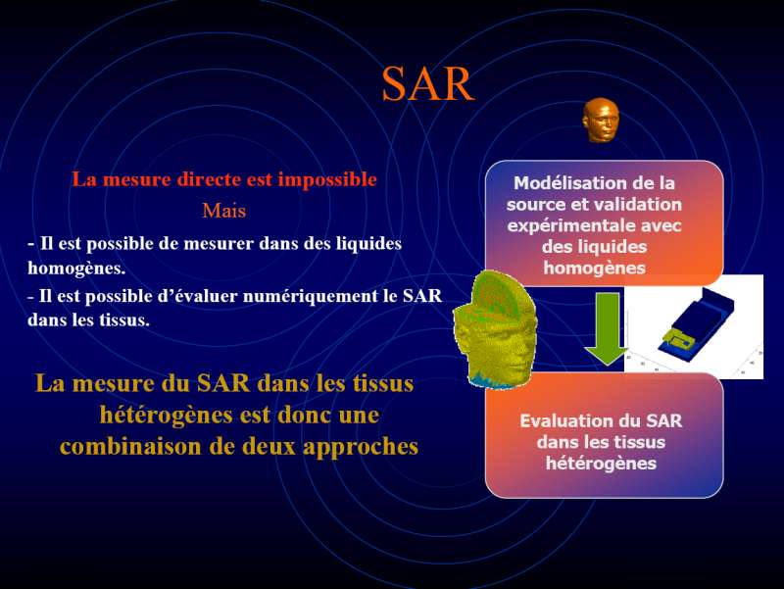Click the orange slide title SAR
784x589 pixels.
tap(428, 83)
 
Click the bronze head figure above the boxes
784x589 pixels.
tap(601, 120)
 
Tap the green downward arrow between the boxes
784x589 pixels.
tap(607, 328)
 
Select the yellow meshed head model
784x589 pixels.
tap(495, 330)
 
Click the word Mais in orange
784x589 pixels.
tap(224, 211)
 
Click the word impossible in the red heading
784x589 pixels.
tap(327, 179)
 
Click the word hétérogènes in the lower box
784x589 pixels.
tap(601, 464)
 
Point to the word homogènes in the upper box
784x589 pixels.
tap(595, 268)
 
